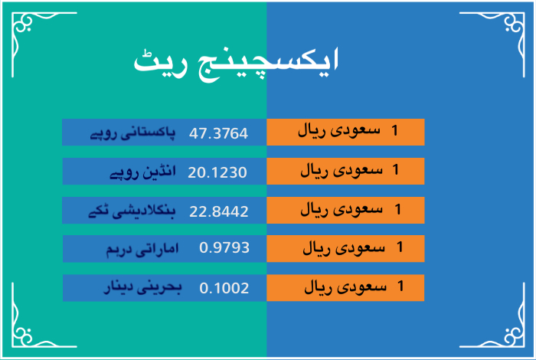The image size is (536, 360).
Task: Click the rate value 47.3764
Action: click(x=218, y=133)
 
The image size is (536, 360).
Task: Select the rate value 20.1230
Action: click(x=217, y=172)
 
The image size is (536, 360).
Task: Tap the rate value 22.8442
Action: click(x=219, y=211)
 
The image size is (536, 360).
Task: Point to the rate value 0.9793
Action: click(x=224, y=247)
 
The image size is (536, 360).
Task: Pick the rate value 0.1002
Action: click(x=224, y=288)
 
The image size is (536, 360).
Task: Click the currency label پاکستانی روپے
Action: click(x=132, y=133)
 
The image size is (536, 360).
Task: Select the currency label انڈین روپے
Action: click(x=142, y=172)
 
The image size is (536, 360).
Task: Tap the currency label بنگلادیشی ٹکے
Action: click(x=132, y=211)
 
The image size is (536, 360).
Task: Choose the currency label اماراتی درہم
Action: click(x=142, y=249)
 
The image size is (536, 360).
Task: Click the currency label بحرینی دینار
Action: click(x=142, y=287)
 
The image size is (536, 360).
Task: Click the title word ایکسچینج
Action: click(x=269, y=64)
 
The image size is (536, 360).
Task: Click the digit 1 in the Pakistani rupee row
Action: click(x=395, y=130)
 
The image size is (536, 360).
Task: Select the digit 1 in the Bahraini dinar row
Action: click(x=400, y=286)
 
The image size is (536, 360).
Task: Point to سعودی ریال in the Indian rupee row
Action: click(x=342, y=170)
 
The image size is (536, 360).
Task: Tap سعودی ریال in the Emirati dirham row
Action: click(x=344, y=248)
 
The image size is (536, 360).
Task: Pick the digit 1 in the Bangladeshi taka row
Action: click(x=397, y=209)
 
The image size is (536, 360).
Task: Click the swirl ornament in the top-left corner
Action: click(x=22, y=23)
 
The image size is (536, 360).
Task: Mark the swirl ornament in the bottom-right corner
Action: click(x=514, y=336)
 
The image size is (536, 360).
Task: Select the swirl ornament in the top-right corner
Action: click(x=514, y=23)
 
